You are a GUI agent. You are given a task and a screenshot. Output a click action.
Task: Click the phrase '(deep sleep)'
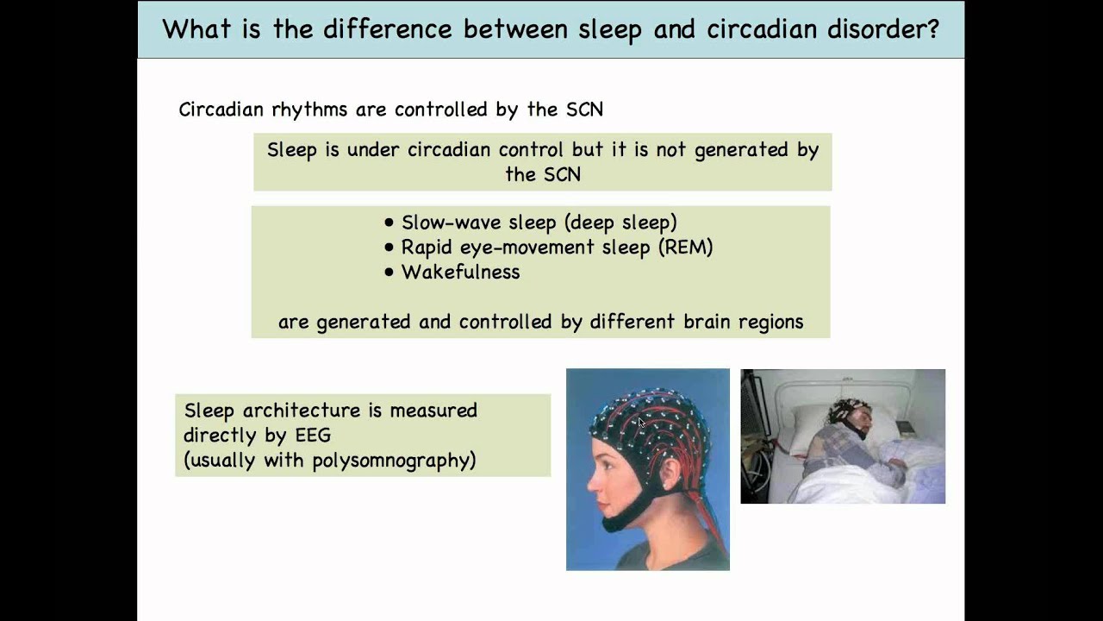(x=620, y=223)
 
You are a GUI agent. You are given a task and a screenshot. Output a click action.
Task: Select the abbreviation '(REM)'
(x=684, y=248)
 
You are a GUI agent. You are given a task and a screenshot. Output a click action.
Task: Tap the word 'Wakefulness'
(x=460, y=273)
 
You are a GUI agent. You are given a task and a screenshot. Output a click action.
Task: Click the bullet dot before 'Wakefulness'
(x=389, y=273)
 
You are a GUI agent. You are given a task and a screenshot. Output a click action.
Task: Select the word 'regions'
(x=774, y=322)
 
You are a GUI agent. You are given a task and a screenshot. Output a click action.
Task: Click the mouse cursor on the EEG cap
(x=640, y=422)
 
